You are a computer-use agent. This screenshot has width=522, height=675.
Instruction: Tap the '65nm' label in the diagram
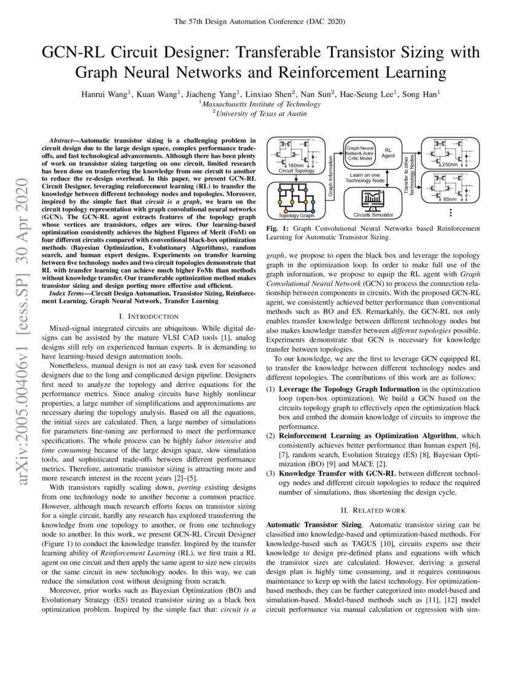click(450, 200)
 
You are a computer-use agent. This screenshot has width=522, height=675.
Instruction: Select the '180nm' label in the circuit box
click(296, 165)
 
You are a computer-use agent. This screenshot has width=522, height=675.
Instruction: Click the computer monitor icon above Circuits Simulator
click(373, 199)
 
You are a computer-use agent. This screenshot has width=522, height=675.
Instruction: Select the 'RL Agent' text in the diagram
click(388, 153)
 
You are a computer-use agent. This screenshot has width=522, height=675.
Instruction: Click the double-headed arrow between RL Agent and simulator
click(373, 178)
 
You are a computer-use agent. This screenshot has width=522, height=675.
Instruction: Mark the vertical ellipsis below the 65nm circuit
click(451, 212)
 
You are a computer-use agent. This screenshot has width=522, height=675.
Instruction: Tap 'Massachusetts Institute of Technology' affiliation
click(260, 104)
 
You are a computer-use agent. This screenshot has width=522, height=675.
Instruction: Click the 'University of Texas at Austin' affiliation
click(260, 114)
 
